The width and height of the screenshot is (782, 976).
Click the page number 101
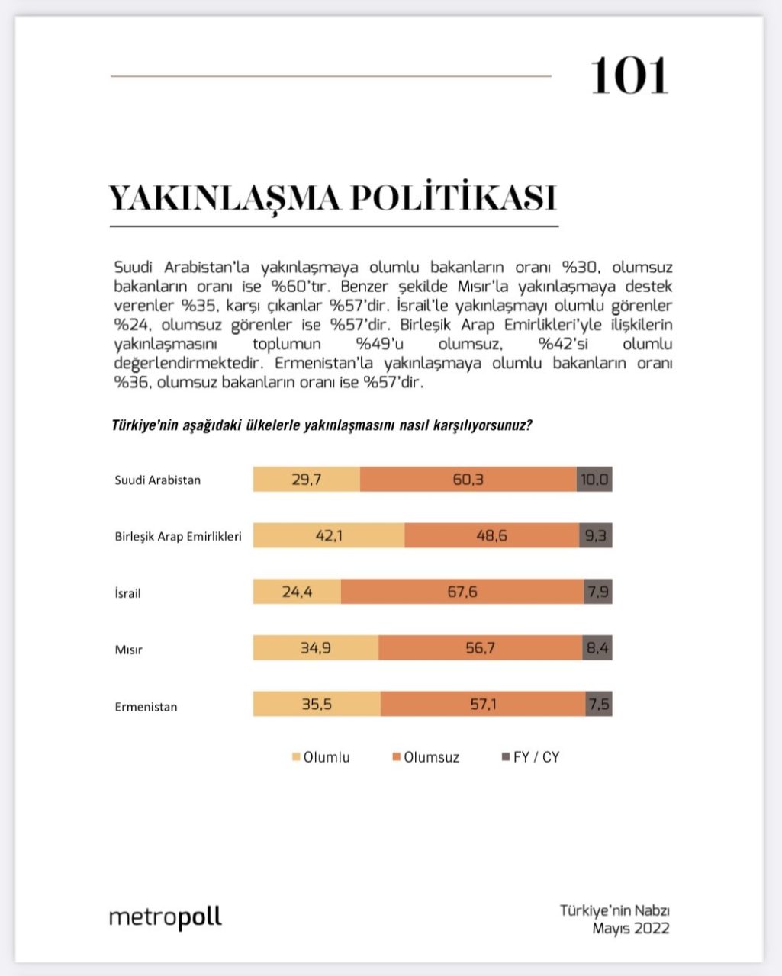tap(629, 75)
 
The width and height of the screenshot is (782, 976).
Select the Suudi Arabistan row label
tap(157, 480)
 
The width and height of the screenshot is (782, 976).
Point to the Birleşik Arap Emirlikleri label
tap(178, 536)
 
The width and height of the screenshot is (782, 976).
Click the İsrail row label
tap(127, 592)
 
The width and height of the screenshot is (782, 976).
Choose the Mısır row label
tap(128, 650)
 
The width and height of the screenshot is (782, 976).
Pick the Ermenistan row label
tap(146, 706)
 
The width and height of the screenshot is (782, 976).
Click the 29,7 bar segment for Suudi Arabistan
tap(306, 480)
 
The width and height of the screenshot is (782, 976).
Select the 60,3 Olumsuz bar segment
tap(468, 480)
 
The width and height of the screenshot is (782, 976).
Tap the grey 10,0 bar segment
tap(594, 480)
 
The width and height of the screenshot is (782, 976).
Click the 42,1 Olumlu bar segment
tap(329, 536)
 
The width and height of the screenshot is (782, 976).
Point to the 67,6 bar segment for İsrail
tap(462, 592)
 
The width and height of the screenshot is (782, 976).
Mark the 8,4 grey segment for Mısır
tap(597, 648)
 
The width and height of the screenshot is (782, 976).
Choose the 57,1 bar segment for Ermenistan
tap(483, 705)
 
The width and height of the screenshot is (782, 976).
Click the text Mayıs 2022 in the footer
tap(631, 928)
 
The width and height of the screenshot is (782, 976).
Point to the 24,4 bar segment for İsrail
tap(297, 592)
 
